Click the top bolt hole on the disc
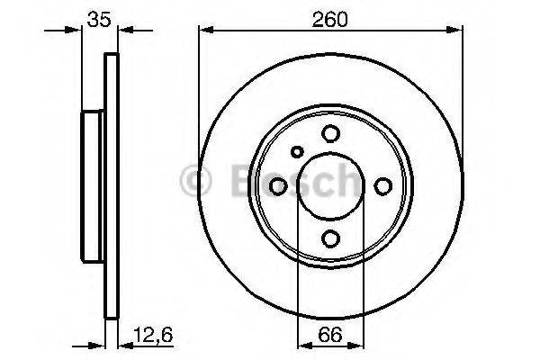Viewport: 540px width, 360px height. point(330,133)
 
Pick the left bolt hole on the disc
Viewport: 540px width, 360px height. point(278,185)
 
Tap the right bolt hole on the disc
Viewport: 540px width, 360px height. point(382,185)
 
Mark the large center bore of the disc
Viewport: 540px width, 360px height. point(330,185)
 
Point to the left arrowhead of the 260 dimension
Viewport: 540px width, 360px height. point(206,32)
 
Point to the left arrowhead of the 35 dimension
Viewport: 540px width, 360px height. point(75,32)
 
